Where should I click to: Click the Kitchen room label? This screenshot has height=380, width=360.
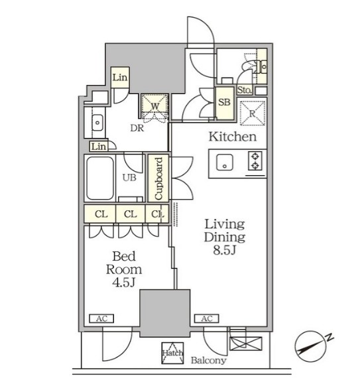[232, 137]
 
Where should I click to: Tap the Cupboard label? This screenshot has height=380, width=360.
[158, 178]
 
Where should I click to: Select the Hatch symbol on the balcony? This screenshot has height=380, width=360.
[172, 353]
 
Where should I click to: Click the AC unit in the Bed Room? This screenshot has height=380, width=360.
[101, 318]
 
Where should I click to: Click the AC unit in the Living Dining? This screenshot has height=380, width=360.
[207, 318]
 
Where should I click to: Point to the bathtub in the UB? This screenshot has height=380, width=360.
[100, 178]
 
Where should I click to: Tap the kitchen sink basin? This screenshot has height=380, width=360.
[225, 162]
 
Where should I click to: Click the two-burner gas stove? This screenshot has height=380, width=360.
[255, 160]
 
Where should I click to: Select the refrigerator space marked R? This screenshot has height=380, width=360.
[252, 113]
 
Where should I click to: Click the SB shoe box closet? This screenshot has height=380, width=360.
[225, 103]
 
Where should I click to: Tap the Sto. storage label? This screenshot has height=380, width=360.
[244, 90]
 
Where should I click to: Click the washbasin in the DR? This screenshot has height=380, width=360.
[97, 123]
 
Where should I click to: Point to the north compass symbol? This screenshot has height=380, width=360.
[312, 346]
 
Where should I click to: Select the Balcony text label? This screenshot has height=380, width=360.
[209, 360]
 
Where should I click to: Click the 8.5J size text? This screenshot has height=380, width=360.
[224, 250]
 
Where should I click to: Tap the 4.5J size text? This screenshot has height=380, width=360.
[123, 282]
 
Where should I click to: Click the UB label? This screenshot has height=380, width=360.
[129, 178]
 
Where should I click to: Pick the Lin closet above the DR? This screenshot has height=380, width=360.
[120, 78]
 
